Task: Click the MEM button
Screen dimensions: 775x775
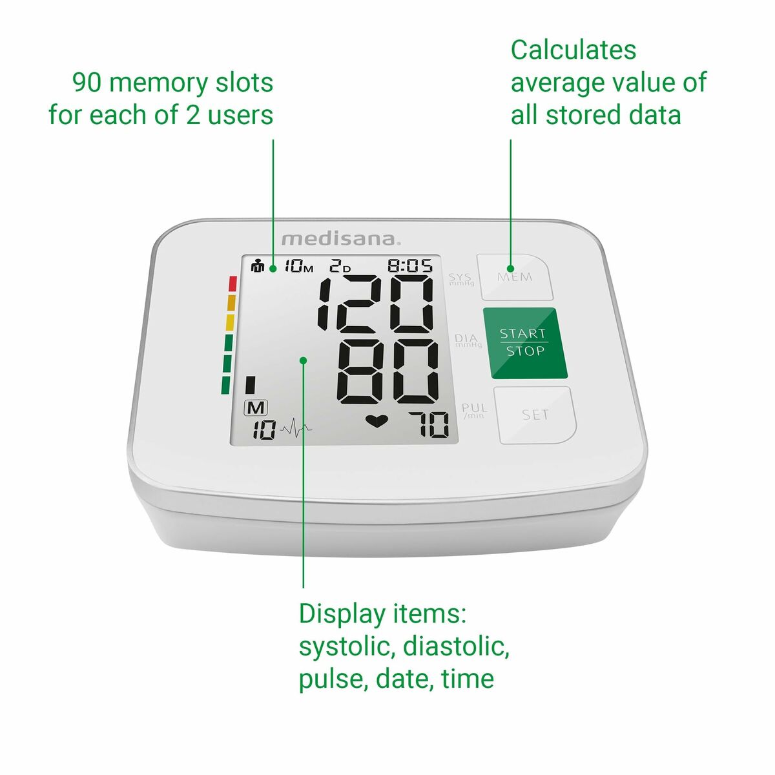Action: [515, 277]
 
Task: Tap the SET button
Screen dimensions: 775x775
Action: [535, 415]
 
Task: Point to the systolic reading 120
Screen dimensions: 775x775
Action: [375, 303]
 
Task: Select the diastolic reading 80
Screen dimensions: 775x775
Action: [388, 370]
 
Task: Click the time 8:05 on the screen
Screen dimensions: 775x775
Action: [409, 265]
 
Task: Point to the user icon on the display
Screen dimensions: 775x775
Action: [258, 265]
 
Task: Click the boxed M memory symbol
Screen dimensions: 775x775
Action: [256, 408]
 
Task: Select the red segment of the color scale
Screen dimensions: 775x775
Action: [232, 284]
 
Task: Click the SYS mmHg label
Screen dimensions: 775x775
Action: [461, 279]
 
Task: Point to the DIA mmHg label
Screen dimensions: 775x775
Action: [468, 340]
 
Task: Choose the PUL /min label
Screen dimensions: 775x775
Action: [474, 410]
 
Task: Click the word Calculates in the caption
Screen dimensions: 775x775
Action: [573, 50]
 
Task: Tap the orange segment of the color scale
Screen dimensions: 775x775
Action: [231, 303]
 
